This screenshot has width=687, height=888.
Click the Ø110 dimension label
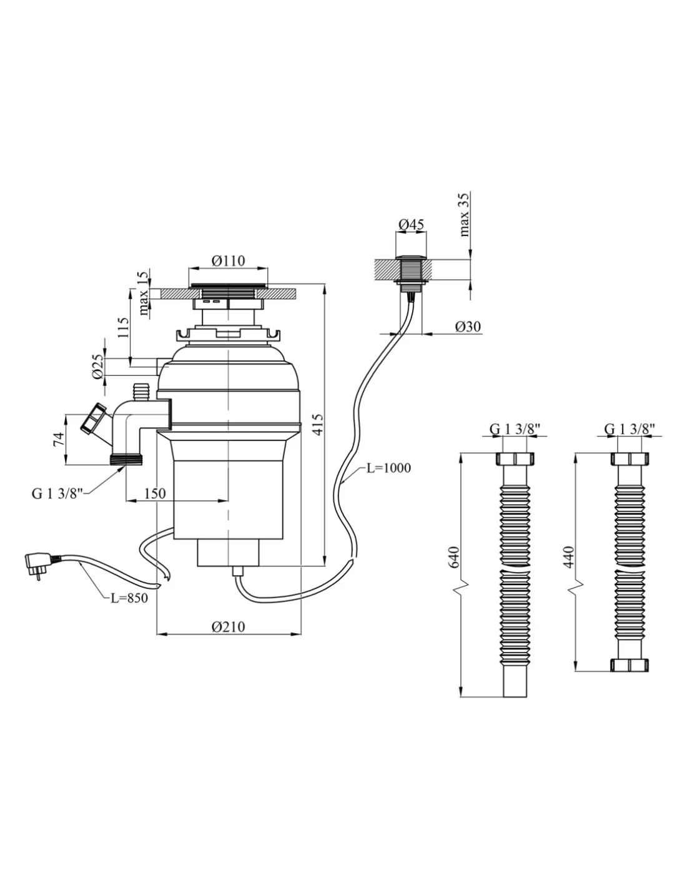click(x=227, y=262)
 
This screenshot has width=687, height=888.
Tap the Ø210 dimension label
click(x=228, y=627)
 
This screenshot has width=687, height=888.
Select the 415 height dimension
click(x=317, y=424)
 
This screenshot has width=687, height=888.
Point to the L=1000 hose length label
click(x=388, y=468)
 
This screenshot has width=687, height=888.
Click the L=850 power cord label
click(x=129, y=598)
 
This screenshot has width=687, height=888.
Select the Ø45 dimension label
click(x=411, y=224)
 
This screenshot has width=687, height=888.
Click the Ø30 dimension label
click(x=468, y=327)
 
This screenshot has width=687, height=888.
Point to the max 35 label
click(x=465, y=214)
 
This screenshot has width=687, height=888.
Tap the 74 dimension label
click(x=57, y=438)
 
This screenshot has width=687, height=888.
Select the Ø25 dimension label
click(x=97, y=367)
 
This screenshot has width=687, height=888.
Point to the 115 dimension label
click(x=123, y=328)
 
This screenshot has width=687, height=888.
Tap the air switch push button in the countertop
click(x=410, y=269)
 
